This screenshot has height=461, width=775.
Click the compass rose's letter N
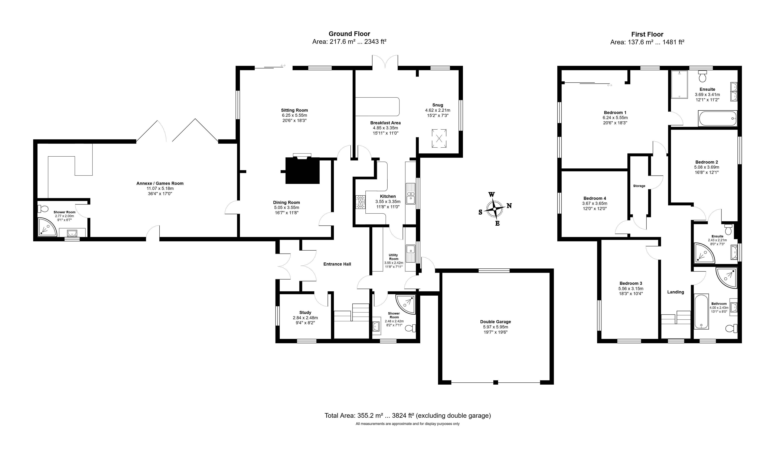(509, 205)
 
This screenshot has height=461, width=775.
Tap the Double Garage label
(496, 322)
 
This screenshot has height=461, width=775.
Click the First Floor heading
(647, 34)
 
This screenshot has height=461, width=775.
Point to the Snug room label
(438, 105)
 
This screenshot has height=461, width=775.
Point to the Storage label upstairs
(639, 186)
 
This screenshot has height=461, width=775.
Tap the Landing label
(675, 292)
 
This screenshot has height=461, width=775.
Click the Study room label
(305, 313)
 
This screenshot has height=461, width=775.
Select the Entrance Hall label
(337, 264)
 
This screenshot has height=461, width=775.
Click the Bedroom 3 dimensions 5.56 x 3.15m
(631, 289)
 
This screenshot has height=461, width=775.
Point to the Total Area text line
(408, 415)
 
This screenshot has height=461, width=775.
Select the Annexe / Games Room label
(160, 183)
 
